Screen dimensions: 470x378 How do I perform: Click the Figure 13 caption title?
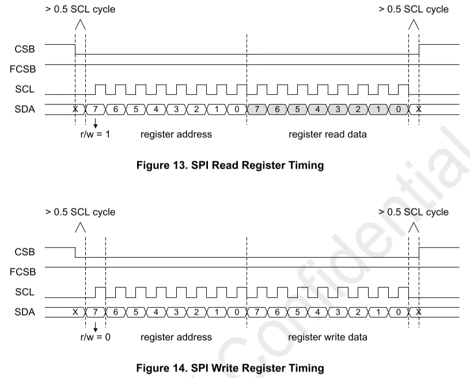(230, 165)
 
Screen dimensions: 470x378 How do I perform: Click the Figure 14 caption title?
(230, 368)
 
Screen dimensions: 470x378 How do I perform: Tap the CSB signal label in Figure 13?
(25, 49)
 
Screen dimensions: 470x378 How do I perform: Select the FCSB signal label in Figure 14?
(23, 272)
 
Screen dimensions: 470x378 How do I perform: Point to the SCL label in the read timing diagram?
(25, 89)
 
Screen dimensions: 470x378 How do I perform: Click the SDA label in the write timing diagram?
(25, 312)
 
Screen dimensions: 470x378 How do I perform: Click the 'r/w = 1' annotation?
(95, 134)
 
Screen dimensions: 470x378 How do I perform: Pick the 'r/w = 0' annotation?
(95, 337)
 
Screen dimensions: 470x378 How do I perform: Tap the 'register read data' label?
(328, 134)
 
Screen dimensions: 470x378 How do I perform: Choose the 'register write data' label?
(328, 337)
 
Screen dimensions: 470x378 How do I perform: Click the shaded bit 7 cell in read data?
(257, 109)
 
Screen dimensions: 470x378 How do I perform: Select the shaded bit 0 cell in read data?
(399, 109)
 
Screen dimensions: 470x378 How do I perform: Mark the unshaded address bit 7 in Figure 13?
(95, 109)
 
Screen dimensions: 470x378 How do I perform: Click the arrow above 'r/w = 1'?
(95, 123)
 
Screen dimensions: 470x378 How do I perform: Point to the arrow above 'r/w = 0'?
(95, 326)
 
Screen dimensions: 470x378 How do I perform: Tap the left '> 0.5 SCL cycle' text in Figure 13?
(80, 9)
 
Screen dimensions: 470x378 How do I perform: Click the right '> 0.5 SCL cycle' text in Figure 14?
(414, 212)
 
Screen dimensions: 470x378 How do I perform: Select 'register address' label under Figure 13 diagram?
(176, 134)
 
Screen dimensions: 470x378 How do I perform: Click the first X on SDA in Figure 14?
(75, 312)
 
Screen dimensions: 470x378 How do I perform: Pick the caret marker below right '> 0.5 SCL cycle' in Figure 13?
(414, 25)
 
